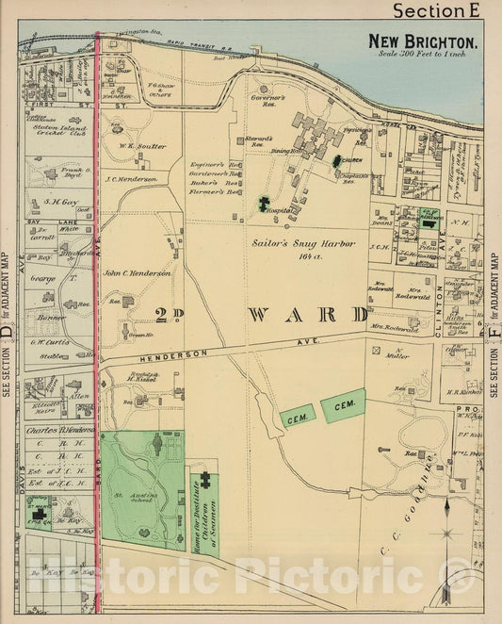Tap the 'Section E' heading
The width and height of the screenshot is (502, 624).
click(x=444, y=10)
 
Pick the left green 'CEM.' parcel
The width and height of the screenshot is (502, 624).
click(x=298, y=415)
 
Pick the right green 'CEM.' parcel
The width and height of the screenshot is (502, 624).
click(x=343, y=404)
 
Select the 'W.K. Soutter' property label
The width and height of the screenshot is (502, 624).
click(x=143, y=146)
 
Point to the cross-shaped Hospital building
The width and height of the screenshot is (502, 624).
click(x=264, y=202)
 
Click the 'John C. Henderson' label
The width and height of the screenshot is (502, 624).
click(x=138, y=271)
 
